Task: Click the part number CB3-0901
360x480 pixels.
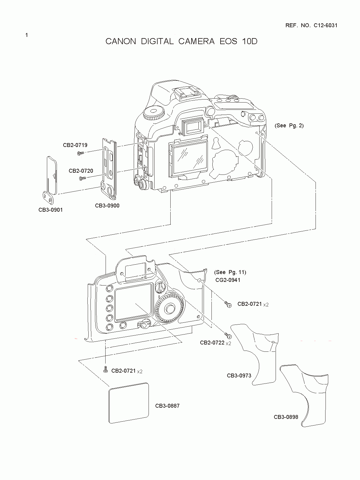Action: tap(51, 210)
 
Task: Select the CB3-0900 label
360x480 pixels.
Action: tap(107, 206)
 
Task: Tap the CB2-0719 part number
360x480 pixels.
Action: tap(75, 145)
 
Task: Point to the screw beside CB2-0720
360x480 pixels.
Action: tap(82, 179)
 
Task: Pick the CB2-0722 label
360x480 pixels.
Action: tap(212, 342)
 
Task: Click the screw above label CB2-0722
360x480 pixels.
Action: tap(228, 335)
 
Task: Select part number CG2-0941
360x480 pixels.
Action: tap(228, 280)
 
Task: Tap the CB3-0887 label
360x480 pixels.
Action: tap(167, 406)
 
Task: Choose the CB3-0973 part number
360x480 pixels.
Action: tap(239, 376)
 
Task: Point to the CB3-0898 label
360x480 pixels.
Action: tap(286, 417)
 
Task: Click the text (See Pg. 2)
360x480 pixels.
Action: tap(289, 126)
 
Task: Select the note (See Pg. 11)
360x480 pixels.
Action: tap(230, 272)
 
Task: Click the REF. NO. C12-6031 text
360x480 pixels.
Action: tap(311, 25)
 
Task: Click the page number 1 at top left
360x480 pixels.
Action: tap(27, 35)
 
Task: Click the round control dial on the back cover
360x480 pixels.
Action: tap(169, 309)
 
